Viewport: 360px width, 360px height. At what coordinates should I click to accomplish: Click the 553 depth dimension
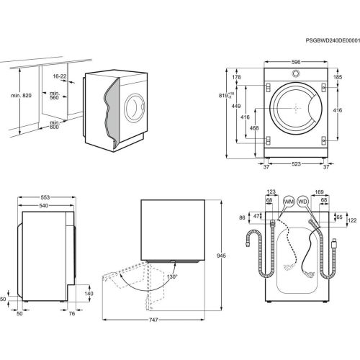[x=45, y=197]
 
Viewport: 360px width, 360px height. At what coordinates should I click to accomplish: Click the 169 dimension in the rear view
[x=320, y=192]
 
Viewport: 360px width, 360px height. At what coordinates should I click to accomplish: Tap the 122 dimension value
[x=352, y=220]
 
